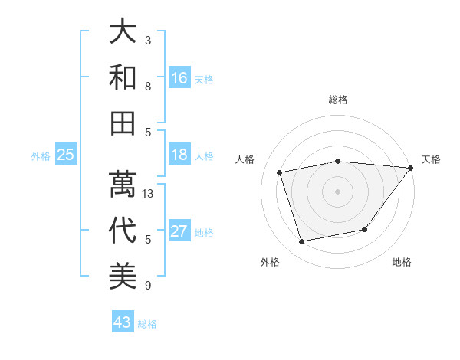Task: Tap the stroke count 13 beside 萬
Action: [149, 193]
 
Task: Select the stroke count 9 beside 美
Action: [148, 286]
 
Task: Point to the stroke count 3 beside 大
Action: [148, 39]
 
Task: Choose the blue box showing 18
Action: [179, 155]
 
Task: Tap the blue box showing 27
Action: [179, 231]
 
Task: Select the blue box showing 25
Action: [65, 155]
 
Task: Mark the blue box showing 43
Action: [122, 322]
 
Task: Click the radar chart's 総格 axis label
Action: [338, 100]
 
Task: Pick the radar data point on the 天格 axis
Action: [411, 168]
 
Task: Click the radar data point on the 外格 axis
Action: [302, 242]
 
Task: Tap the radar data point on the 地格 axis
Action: [365, 229]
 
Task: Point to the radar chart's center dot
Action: [338, 191]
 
